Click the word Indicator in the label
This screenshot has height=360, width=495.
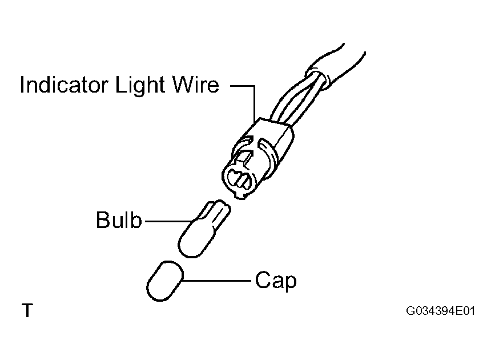point(64,85)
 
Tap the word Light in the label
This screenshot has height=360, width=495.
point(140,85)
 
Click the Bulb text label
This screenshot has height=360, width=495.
point(119,220)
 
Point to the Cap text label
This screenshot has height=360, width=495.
point(276,281)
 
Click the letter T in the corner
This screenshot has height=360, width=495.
point(27,310)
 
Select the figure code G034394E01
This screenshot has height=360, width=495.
point(440,311)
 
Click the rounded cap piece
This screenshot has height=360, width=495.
point(164,281)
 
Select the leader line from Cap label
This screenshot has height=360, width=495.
point(217,281)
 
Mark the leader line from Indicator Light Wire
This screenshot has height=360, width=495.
point(249,95)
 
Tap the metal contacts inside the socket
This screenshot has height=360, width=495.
point(240,179)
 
